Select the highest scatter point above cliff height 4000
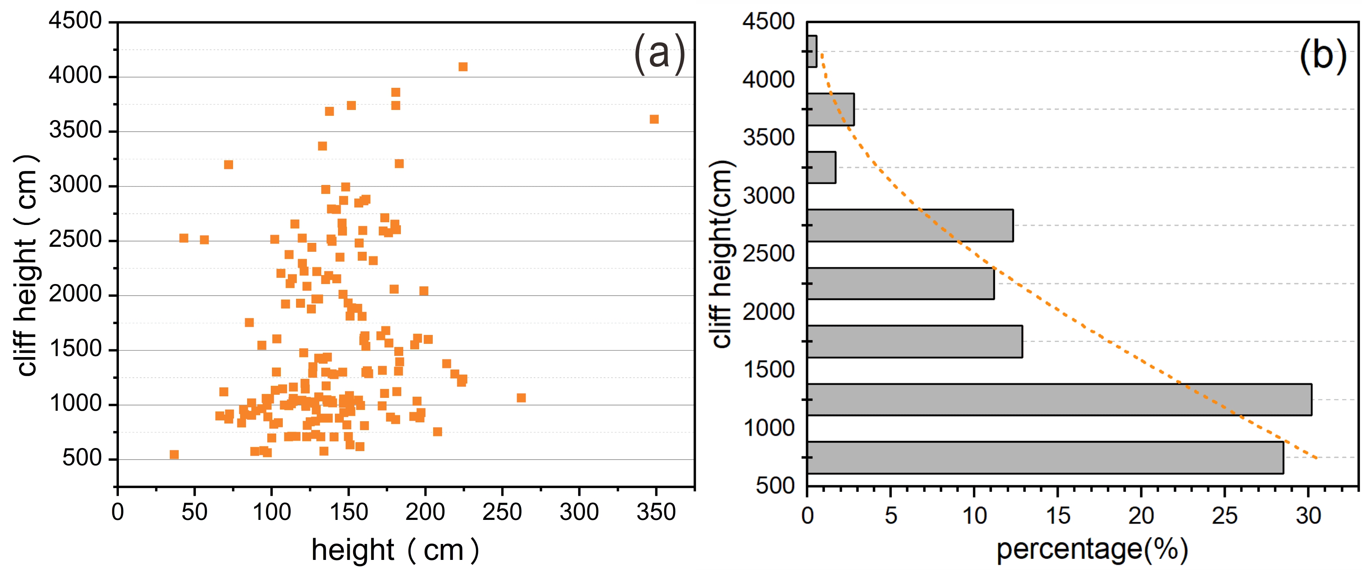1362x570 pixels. (463, 66)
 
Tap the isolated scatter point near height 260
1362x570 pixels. (521, 397)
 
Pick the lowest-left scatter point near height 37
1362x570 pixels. (174, 455)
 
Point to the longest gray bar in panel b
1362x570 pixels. (1059, 399)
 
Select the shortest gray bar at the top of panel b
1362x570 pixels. (812, 51)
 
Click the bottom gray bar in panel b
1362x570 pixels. (1045, 457)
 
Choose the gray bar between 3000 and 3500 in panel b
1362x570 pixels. (822, 167)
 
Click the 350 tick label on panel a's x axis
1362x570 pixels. (656, 512)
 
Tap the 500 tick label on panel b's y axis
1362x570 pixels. (775, 485)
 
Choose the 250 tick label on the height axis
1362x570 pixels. (502, 512)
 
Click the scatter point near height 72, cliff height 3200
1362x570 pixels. (228, 165)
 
